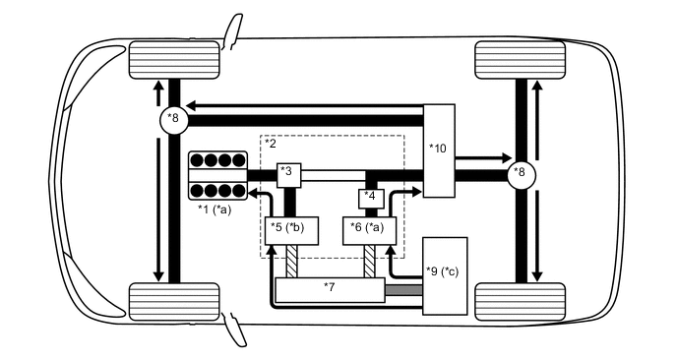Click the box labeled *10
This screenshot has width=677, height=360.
439,150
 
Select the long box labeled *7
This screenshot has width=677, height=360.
329,290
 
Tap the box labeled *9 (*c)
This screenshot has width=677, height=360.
444,275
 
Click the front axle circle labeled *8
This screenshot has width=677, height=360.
174,120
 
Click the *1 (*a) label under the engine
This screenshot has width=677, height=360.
214,209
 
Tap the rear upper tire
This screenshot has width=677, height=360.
520,61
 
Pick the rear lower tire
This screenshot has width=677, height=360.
520,300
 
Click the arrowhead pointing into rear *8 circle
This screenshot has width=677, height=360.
505,156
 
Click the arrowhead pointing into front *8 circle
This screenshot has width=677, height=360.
193,105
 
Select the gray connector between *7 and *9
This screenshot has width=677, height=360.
402,291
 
